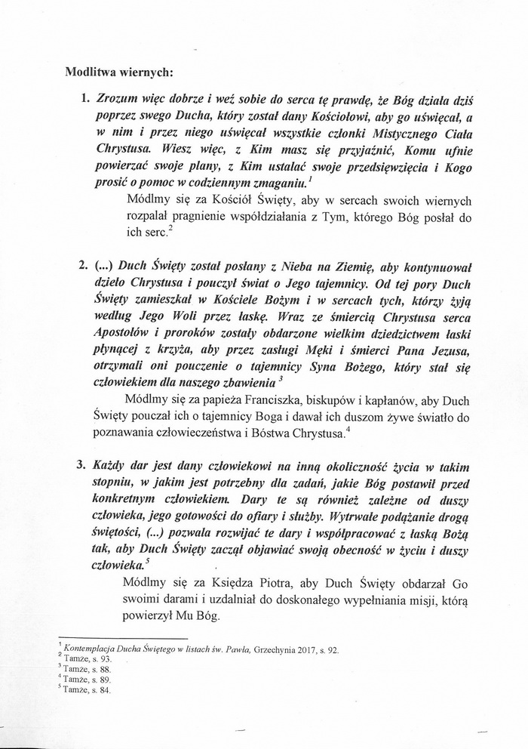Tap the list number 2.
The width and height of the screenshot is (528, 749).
(x=83, y=266)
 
